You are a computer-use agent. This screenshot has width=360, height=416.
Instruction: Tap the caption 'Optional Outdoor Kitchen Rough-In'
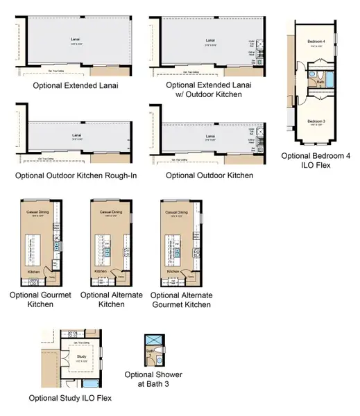(x=76, y=175)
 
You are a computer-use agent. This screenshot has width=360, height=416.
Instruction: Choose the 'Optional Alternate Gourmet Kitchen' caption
(x=181, y=299)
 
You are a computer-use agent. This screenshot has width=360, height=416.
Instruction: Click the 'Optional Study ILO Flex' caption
(x=70, y=399)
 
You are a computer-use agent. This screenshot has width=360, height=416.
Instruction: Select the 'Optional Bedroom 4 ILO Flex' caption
(x=316, y=160)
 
